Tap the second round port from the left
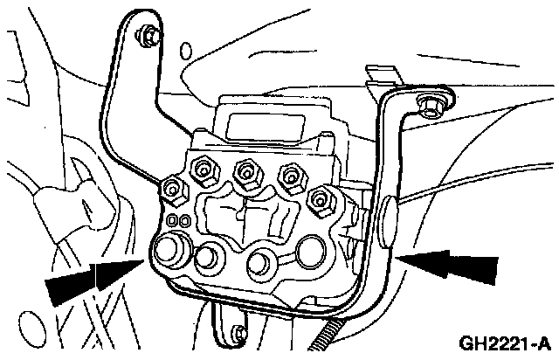(209, 258)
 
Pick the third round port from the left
(260, 260)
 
